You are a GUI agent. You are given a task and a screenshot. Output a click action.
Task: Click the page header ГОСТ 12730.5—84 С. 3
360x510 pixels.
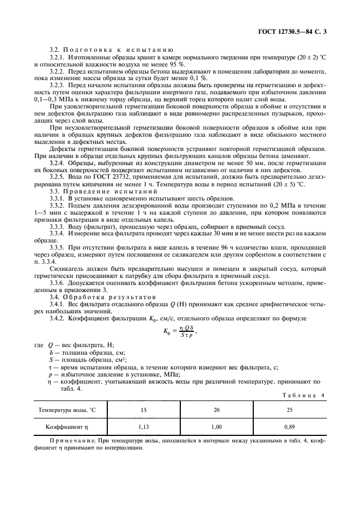coord(295,32)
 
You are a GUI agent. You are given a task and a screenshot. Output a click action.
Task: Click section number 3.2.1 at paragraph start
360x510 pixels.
coord(58,57)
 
